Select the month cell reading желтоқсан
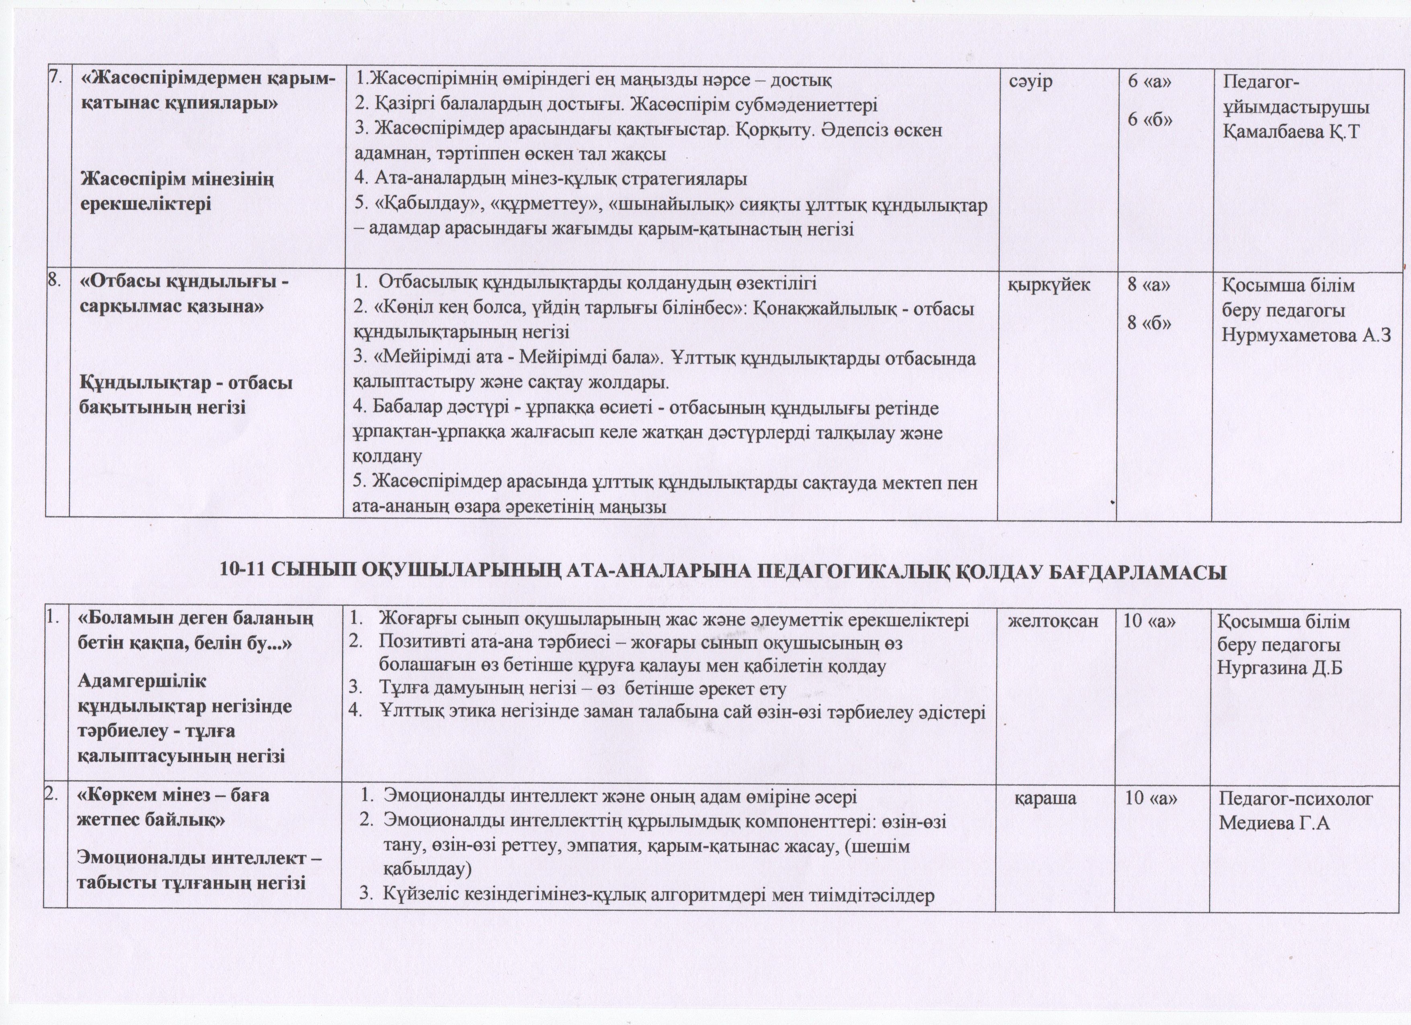pyautogui.click(x=1053, y=621)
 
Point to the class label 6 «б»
pyautogui.click(x=1151, y=119)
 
